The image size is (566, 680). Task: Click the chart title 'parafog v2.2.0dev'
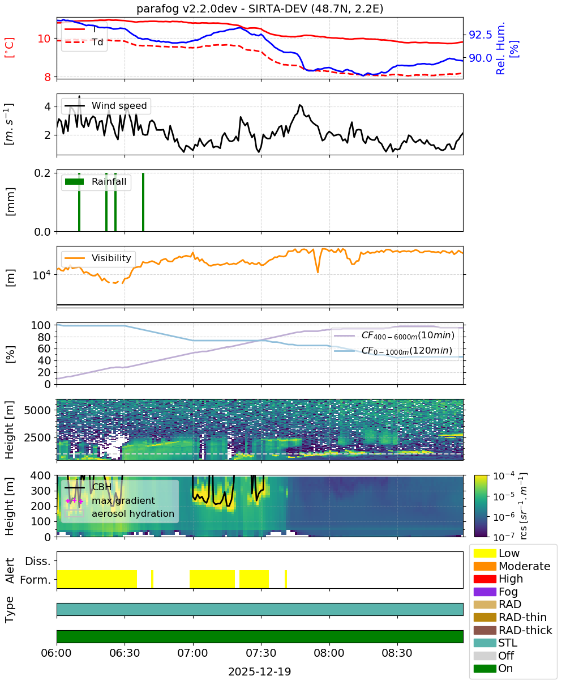click(x=186, y=9)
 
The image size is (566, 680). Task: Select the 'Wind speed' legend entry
click(x=106, y=105)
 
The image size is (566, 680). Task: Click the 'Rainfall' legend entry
click(x=96, y=181)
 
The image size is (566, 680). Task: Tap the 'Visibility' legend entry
click(x=98, y=258)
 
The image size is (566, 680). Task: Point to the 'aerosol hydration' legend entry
click(x=119, y=513)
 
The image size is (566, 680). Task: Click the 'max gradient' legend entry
click(x=110, y=500)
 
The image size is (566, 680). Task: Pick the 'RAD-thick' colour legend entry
click(x=513, y=630)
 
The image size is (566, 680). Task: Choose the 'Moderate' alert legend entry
click(x=512, y=566)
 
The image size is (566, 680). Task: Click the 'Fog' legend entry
click(x=495, y=592)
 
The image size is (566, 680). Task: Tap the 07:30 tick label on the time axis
click(x=261, y=653)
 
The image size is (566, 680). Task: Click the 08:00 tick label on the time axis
click(x=329, y=653)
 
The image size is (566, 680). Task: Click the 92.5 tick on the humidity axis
click(x=480, y=35)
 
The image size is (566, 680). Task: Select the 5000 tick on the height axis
click(x=37, y=410)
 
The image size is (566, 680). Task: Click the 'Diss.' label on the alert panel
click(x=38, y=561)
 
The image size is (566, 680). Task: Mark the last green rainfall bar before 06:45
click(x=143, y=202)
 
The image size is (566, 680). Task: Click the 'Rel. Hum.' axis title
click(x=500, y=49)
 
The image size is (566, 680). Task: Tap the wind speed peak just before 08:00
click(x=300, y=105)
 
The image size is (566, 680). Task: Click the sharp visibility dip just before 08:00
click(x=318, y=271)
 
